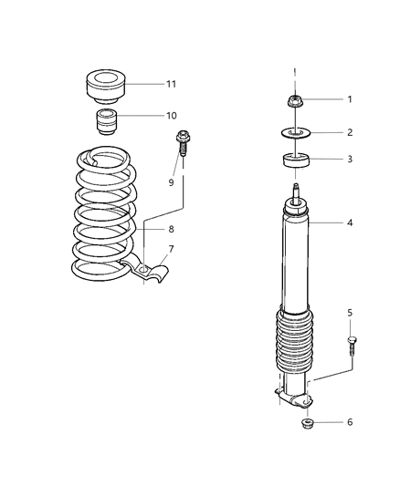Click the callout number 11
pyautogui.click(x=170, y=85)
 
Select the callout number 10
pyautogui.click(x=170, y=116)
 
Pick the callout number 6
pyautogui.click(x=349, y=422)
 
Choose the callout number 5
pyautogui.click(x=349, y=313)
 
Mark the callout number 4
pyautogui.click(x=349, y=222)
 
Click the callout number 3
pyautogui.click(x=349, y=160)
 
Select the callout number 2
pyautogui.click(x=349, y=132)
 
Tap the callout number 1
pyautogui.click(x=349, y=98)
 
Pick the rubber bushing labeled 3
pyautogui.click(x=295, y=161)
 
